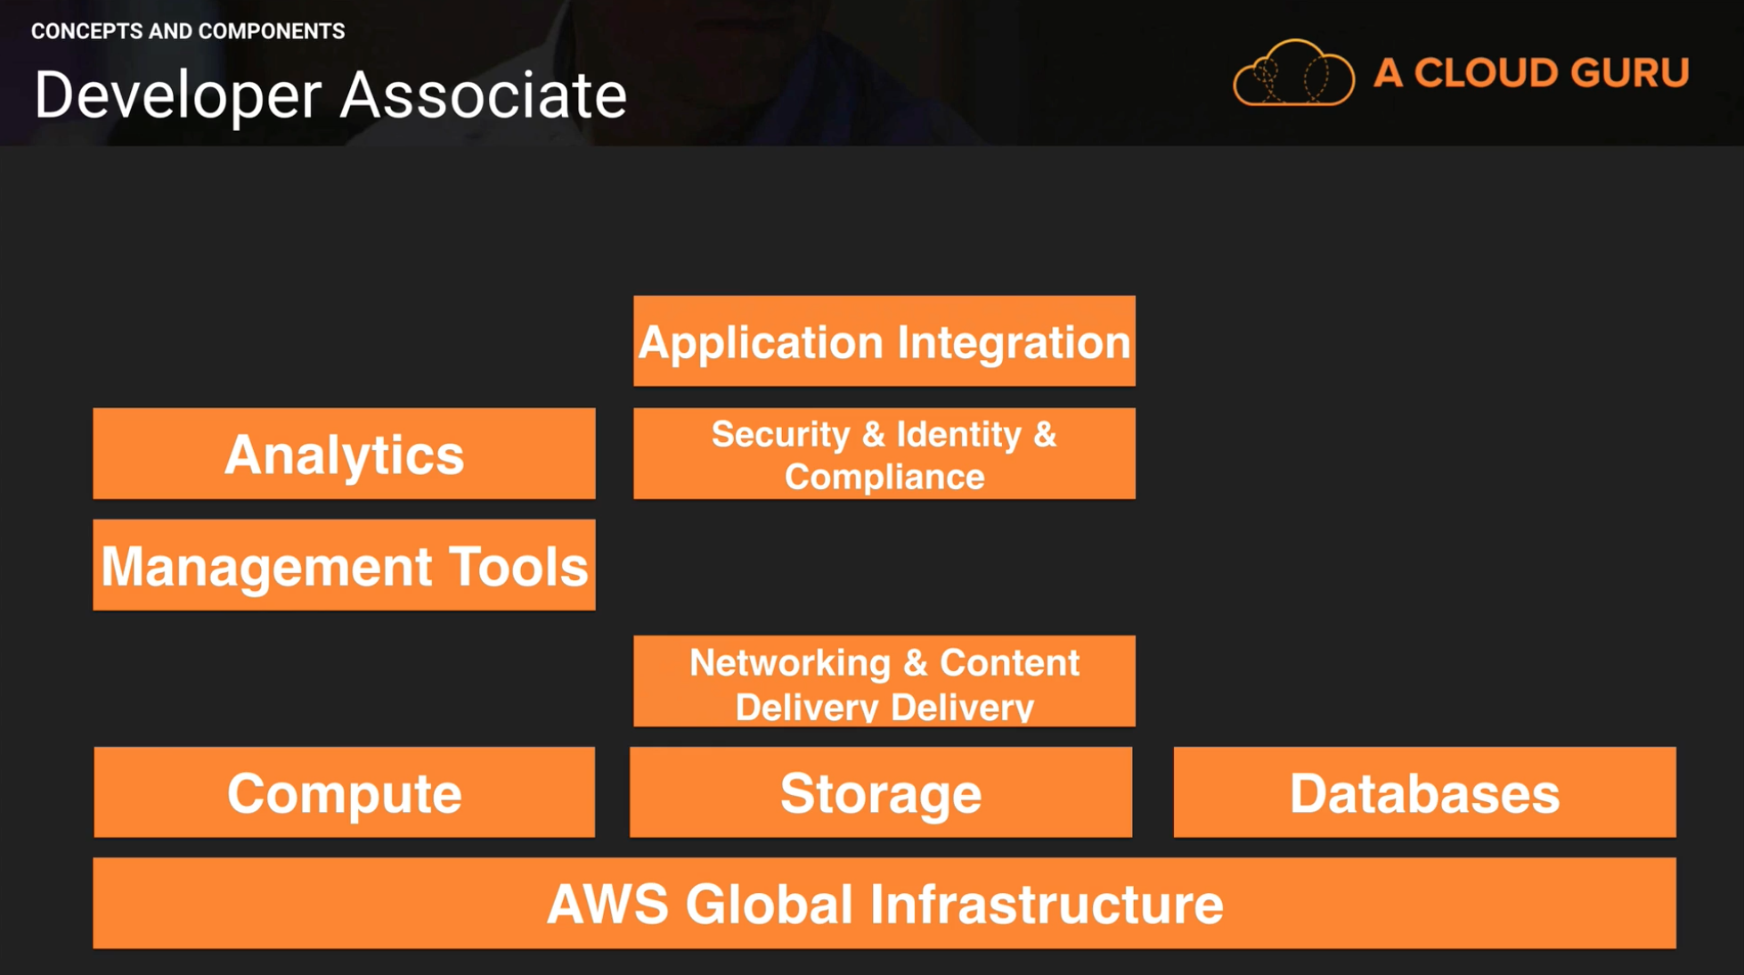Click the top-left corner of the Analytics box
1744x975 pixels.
94,409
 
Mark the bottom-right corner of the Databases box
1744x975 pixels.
1675,837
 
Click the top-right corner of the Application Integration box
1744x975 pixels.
1135,297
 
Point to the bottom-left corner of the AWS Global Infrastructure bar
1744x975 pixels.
94,947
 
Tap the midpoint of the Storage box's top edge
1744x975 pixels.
881,748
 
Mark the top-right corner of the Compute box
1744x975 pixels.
594,748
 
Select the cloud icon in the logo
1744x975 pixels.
1294,73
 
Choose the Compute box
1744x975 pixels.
344,792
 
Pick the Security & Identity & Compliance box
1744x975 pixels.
884,454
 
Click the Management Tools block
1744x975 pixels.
344,565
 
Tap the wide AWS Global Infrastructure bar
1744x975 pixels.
884,903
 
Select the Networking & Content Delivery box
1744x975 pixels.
884,681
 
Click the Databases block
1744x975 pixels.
1424,792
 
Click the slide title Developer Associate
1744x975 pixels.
330,96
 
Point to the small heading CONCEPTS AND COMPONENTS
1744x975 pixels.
188,31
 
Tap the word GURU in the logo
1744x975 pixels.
1629,73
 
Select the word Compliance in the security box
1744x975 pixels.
884,478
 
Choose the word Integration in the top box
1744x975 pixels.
1014,343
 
